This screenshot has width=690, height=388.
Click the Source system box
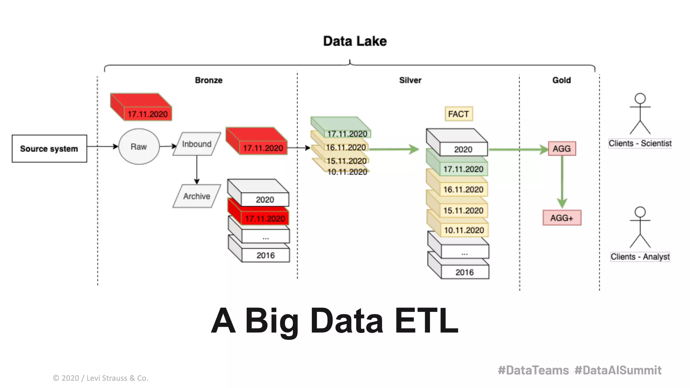tap(49, 149)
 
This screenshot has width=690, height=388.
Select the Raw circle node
tap(139, 147)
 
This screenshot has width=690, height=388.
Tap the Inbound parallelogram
tap(197, 144)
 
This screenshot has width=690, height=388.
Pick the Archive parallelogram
tap(197, 196)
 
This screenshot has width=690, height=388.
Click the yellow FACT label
tap(459, 114)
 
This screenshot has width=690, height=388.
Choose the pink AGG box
tap(562, 149)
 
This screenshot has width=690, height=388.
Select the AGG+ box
tap(562, 218)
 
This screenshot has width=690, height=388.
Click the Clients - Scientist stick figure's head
tap(640, 99)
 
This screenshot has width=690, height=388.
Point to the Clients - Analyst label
tap(640, 257)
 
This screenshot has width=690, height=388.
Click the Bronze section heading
tap(209, 80)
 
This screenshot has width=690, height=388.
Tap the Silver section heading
tap(410, 80)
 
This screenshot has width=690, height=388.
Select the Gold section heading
tap(561, 80)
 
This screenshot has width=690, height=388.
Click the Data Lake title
tap(355, 41)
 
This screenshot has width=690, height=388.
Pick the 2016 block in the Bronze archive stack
tap(265, 255)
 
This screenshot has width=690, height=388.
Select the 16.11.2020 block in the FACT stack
tap(463, 190)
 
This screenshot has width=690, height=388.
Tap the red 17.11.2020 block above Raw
tap(147, 114)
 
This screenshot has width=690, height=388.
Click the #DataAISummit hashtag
tap(618, 370)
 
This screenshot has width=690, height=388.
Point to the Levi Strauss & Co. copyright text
tap(100, 378)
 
